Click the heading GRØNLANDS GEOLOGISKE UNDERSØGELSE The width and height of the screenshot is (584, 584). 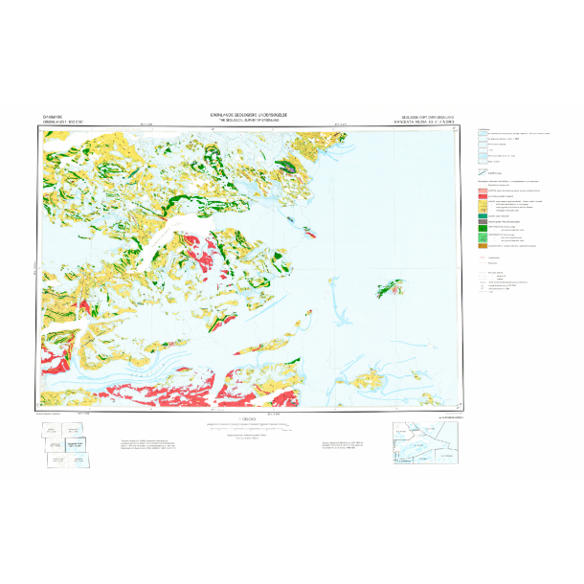pyautogui.click(x=248, y=113)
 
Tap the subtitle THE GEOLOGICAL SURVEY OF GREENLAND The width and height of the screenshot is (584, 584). pyautogui.click(x=248, y=119)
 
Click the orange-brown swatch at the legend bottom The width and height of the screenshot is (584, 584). pyautogui.click(x=483, y=246)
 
